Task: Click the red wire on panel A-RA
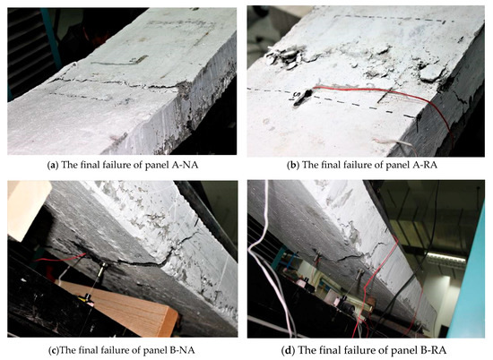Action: [x=376, y=92]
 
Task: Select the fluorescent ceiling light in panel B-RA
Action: [x=445, y=257]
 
